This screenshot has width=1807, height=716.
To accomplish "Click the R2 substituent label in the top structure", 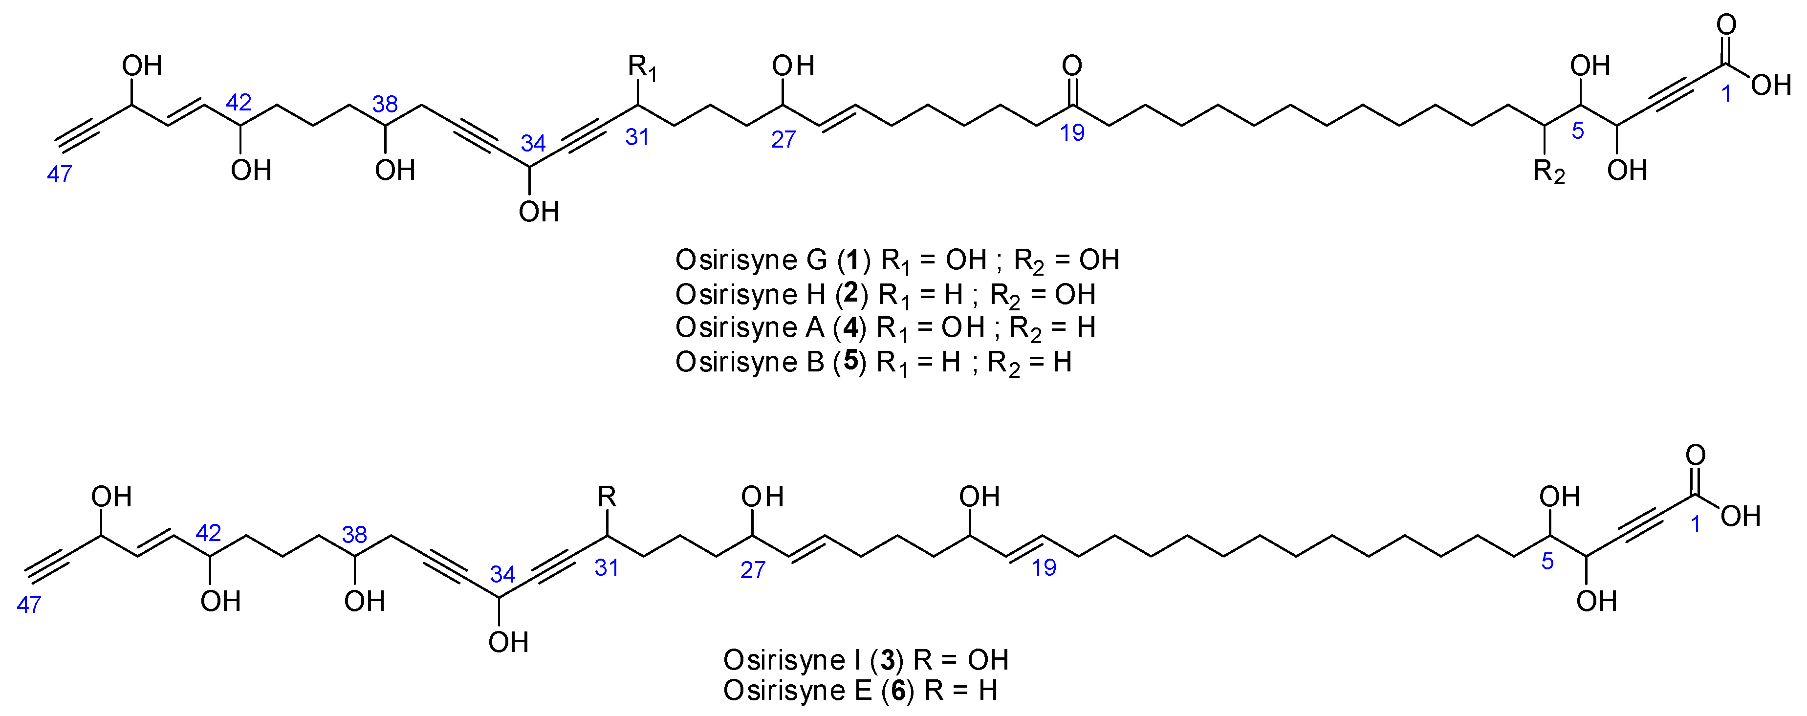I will click(1548, 172).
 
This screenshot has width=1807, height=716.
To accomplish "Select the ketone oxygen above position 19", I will click(1072, 66).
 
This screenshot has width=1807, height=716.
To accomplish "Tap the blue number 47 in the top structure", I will click(60, 174).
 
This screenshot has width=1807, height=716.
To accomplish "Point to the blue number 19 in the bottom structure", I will click(1043, 567).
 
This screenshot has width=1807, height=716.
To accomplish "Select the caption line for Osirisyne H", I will click(885, 295).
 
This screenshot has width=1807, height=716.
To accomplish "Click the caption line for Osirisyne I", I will click(866, 660).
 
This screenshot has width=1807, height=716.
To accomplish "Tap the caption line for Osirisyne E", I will click(860, 691).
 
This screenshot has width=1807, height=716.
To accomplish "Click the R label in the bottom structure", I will click(607, 497).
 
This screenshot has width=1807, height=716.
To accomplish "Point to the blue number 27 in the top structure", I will click(783, 140).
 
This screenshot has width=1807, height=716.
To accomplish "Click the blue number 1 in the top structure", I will click(1726, 93).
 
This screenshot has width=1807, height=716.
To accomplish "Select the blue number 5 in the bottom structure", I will click(1547, 561).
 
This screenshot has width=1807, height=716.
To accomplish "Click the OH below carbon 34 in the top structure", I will click(539, 212).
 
